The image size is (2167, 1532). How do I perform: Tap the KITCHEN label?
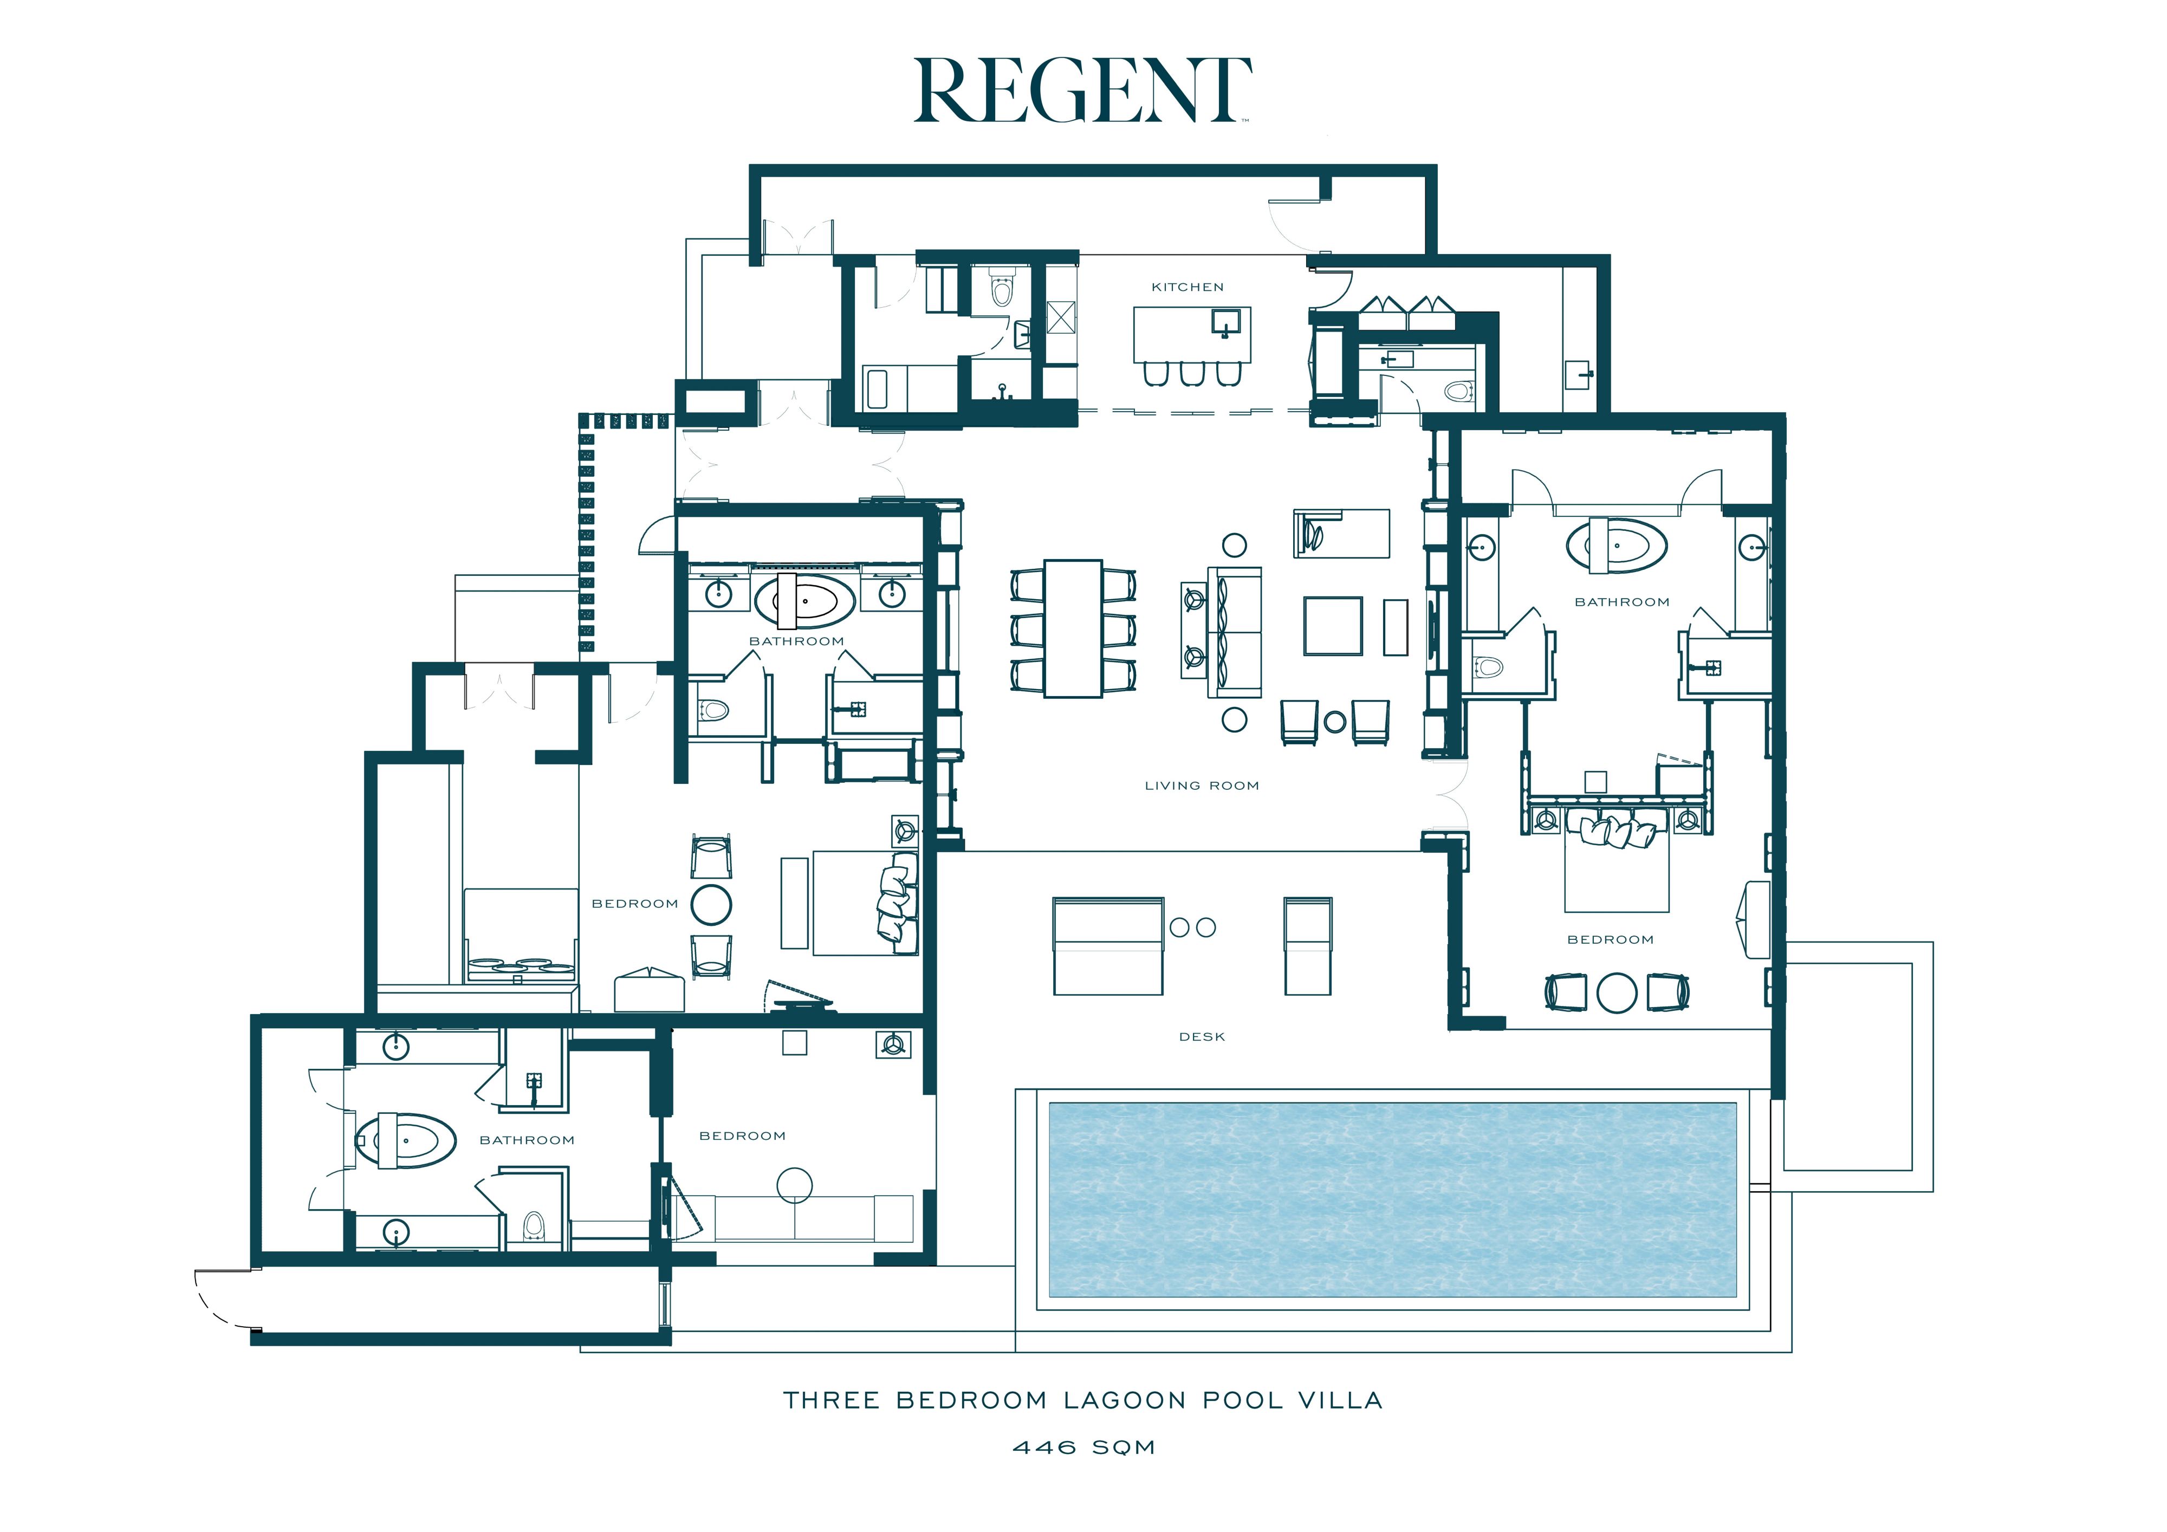pyautogui.click(x=1188, y=287)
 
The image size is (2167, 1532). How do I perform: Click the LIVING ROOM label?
pyautogui.click(x=1202, y=786)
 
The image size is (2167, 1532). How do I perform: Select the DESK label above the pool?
pyautogui.click(x=1202, y=1036)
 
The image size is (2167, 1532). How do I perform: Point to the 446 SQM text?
pyautogui.click(x=1083, y=1447)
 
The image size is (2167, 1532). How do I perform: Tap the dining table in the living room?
pyautogui.click(x=1073, y=628)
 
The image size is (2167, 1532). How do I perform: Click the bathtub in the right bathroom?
pyautogui.click(x=1617, y=546)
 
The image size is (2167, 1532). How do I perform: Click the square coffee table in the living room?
pyautogui.click(x=1333, y=626)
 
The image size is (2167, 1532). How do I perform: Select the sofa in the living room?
pyautogui.click(x=1235, y=632)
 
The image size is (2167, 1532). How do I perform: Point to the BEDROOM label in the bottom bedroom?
pyautogui.click(x=742, y=1135)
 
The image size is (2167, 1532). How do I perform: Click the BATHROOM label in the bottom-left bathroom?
pyautogui.click(x=527, y=1140)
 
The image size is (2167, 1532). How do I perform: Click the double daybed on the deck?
pyautogui.click(x=1108, y=946)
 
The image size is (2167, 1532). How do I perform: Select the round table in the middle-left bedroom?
pyautogui.click(x=711, y=904)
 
